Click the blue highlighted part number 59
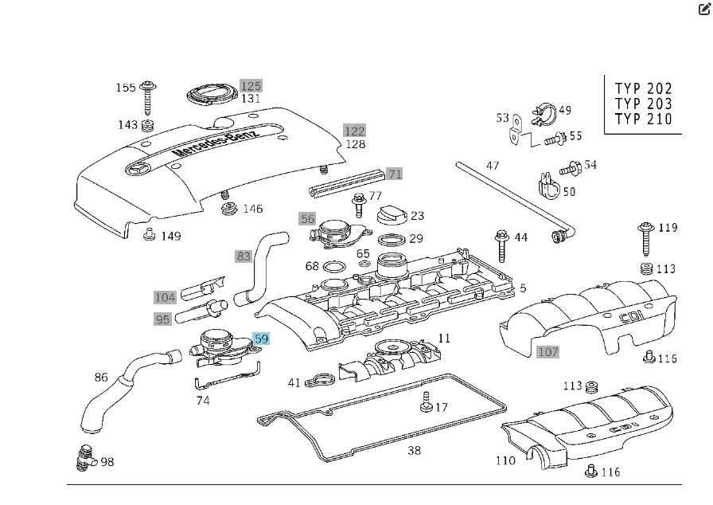261,339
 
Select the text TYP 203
643,104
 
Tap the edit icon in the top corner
702,10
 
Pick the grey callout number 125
251,86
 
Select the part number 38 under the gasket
414,451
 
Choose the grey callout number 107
548,351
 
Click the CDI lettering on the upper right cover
633,318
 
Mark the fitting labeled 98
84,456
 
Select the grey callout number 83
244,256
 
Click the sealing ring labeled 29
391,240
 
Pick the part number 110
505,460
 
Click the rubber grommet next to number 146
229,209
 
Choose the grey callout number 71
395,174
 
